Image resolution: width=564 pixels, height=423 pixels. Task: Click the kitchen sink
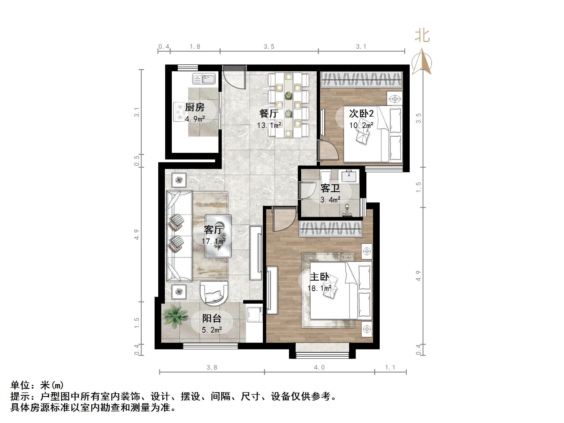tap(204, 79)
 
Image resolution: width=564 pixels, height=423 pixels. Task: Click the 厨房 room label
tap(195, 107)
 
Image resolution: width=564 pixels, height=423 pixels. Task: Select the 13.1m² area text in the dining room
tap(269, 125)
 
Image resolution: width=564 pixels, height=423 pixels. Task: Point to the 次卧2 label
tap(361, 113)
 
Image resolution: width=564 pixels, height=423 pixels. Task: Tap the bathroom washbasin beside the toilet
tap(349, 177)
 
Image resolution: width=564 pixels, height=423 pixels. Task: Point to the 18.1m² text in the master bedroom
tap(319, 288)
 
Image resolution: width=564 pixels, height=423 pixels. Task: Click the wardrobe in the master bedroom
tap(331, 229)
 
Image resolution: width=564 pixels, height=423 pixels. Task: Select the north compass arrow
tap(422, 62)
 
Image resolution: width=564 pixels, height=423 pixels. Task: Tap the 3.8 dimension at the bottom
tap(212, 367)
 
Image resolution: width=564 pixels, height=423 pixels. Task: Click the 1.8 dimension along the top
tap(195, 47)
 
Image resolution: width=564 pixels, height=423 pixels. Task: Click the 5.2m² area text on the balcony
tap(212, 330)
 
